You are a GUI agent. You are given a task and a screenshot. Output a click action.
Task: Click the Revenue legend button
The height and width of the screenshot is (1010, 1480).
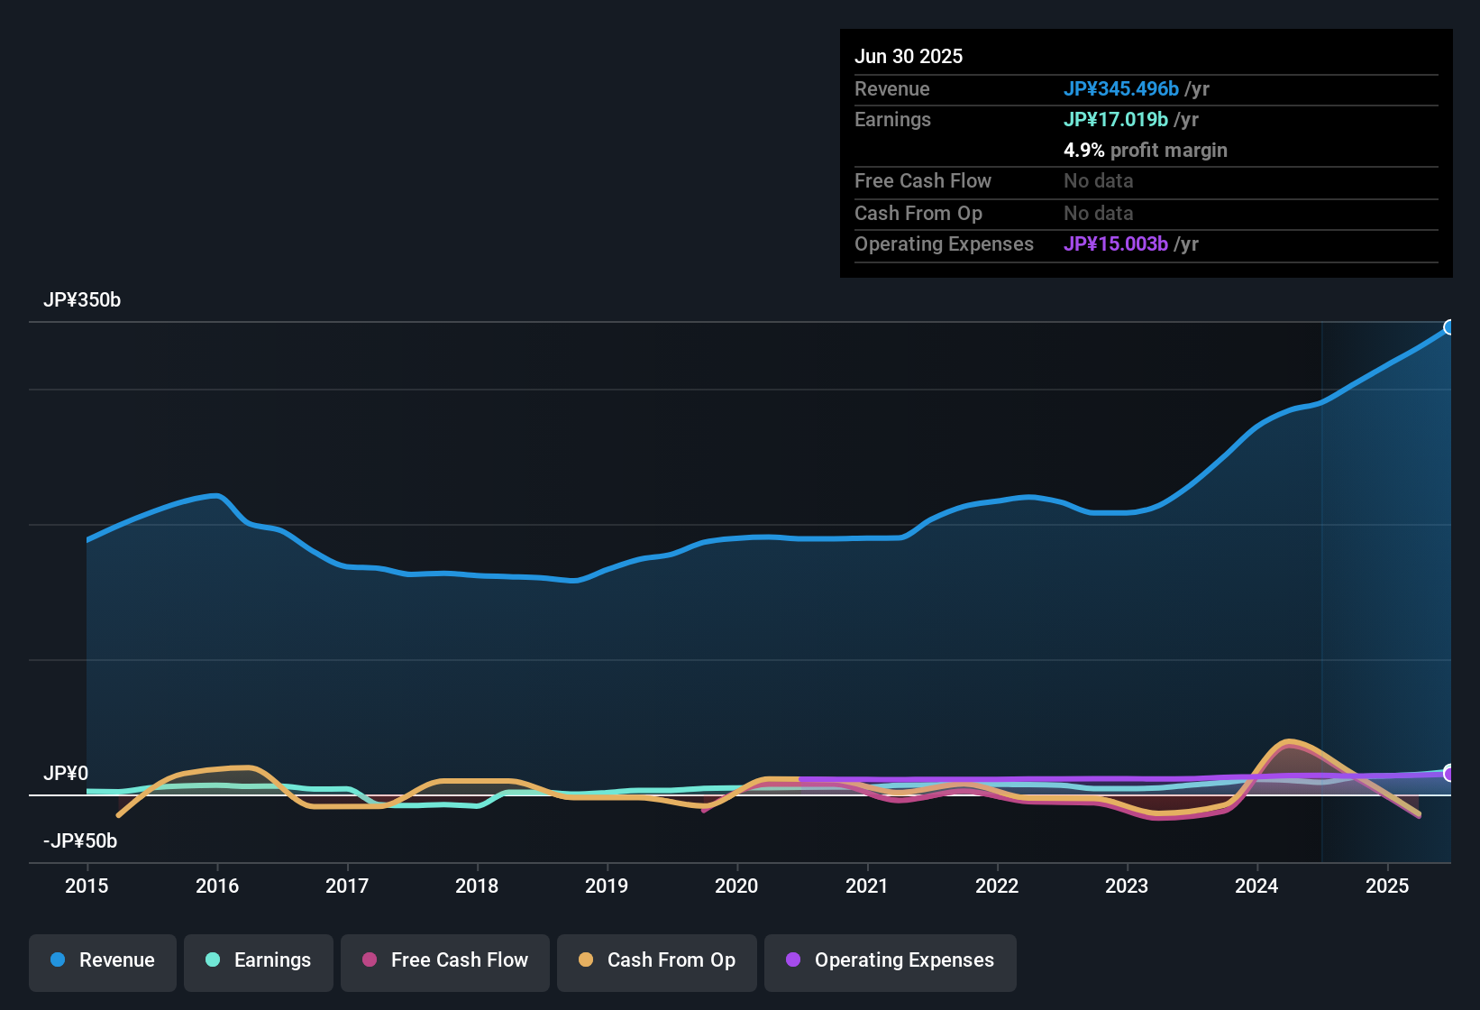point(103,961)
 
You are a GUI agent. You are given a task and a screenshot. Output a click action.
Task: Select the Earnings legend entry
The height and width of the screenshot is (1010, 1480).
point(259,961)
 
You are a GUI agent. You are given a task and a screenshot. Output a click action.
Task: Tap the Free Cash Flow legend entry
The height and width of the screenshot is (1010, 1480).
point(445,961)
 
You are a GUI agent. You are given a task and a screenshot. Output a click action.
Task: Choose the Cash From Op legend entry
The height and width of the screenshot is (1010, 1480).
point(657,961)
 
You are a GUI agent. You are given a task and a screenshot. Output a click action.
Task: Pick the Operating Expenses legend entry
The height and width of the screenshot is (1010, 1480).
point(891,961)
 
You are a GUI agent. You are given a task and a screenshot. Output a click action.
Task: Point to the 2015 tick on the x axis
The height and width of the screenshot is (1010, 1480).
point(87,886)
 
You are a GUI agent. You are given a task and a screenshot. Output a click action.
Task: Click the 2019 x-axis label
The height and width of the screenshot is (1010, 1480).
point(607,886)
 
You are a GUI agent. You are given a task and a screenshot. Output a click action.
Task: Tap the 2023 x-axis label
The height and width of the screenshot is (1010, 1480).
point(1127,886)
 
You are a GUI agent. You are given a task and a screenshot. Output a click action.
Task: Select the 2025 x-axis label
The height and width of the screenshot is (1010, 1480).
point(1386,886)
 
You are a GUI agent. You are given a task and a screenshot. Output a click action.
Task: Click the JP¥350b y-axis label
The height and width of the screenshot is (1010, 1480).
point(82,300)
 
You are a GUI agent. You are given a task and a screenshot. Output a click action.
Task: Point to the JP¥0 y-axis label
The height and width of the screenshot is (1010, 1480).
point(66,774)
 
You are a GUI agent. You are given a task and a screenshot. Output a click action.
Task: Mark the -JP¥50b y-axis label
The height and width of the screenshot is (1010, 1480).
point(80,841)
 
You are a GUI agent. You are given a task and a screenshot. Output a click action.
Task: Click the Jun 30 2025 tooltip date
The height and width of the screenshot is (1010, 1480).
point(909,57)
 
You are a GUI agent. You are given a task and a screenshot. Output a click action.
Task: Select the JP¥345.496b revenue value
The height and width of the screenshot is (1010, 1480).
point(1120,89)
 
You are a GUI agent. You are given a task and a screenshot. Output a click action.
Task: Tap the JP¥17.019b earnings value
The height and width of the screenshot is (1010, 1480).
point(1115,120)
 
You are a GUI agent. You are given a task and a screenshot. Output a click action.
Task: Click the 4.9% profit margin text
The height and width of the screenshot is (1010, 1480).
point(1145,151)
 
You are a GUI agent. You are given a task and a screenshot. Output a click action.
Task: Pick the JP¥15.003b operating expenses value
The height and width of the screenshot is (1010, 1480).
point(1115,244)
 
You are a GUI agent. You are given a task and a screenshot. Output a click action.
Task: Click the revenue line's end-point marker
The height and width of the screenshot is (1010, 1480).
point(1449,327)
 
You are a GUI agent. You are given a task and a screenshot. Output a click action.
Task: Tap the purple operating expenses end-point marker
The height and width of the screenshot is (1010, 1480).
point(1449,773)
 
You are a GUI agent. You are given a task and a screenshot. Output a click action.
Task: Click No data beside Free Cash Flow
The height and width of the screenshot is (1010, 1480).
point(1098,181)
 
